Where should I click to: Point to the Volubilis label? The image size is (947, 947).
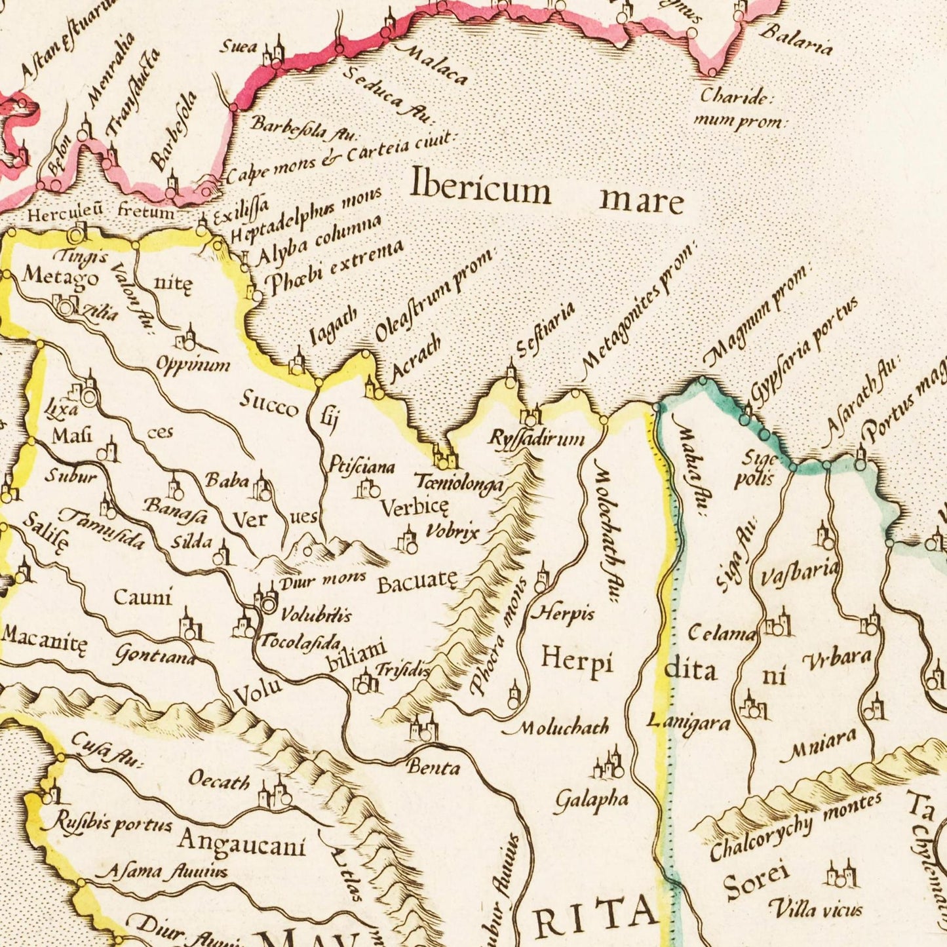tap(316, 614)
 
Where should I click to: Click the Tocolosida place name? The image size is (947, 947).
tap(301, 640)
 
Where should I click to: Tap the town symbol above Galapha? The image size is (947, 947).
tap(608, 763)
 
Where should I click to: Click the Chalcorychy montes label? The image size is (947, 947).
tap(796, 826)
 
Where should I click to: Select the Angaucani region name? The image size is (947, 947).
tap(242, 843)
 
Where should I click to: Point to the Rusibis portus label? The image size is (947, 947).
tap(112, 823)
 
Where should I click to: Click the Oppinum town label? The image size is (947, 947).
tap(193, 364)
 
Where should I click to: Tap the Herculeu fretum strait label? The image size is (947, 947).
tap(101, 212)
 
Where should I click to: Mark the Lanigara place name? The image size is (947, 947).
tap(688, 722)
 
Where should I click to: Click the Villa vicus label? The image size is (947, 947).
tap(815, 909)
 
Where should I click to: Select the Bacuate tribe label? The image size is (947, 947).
tap(416, 581)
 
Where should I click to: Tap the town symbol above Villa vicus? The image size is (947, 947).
tap(840, 874)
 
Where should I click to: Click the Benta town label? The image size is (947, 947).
tap(433, 767)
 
